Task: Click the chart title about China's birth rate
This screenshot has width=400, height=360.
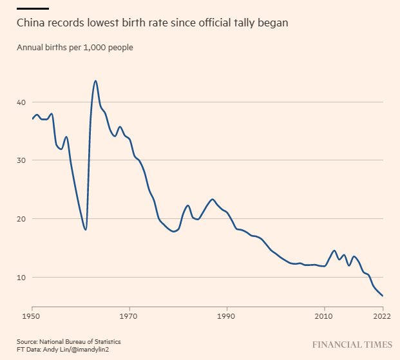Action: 152,23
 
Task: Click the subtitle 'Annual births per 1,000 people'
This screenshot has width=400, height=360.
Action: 75,48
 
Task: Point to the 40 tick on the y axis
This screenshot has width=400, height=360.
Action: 21,102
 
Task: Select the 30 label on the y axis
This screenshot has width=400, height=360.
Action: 21,160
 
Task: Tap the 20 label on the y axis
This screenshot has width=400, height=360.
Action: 21,219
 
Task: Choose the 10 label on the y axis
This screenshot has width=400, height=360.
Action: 21,278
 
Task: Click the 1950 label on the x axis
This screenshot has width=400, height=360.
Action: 32,317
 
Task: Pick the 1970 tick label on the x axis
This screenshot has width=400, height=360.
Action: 129,317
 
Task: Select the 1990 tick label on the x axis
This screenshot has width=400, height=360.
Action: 226,317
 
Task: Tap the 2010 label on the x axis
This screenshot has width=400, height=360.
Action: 324,317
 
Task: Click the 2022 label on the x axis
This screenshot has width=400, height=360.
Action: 383,317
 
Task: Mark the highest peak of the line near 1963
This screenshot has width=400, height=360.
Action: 95,81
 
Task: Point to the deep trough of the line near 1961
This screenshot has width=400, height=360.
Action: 86,229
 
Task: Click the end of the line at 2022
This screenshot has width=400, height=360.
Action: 383,296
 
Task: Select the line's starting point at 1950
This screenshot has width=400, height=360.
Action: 32,119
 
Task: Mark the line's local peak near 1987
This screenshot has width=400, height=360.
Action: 213,200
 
